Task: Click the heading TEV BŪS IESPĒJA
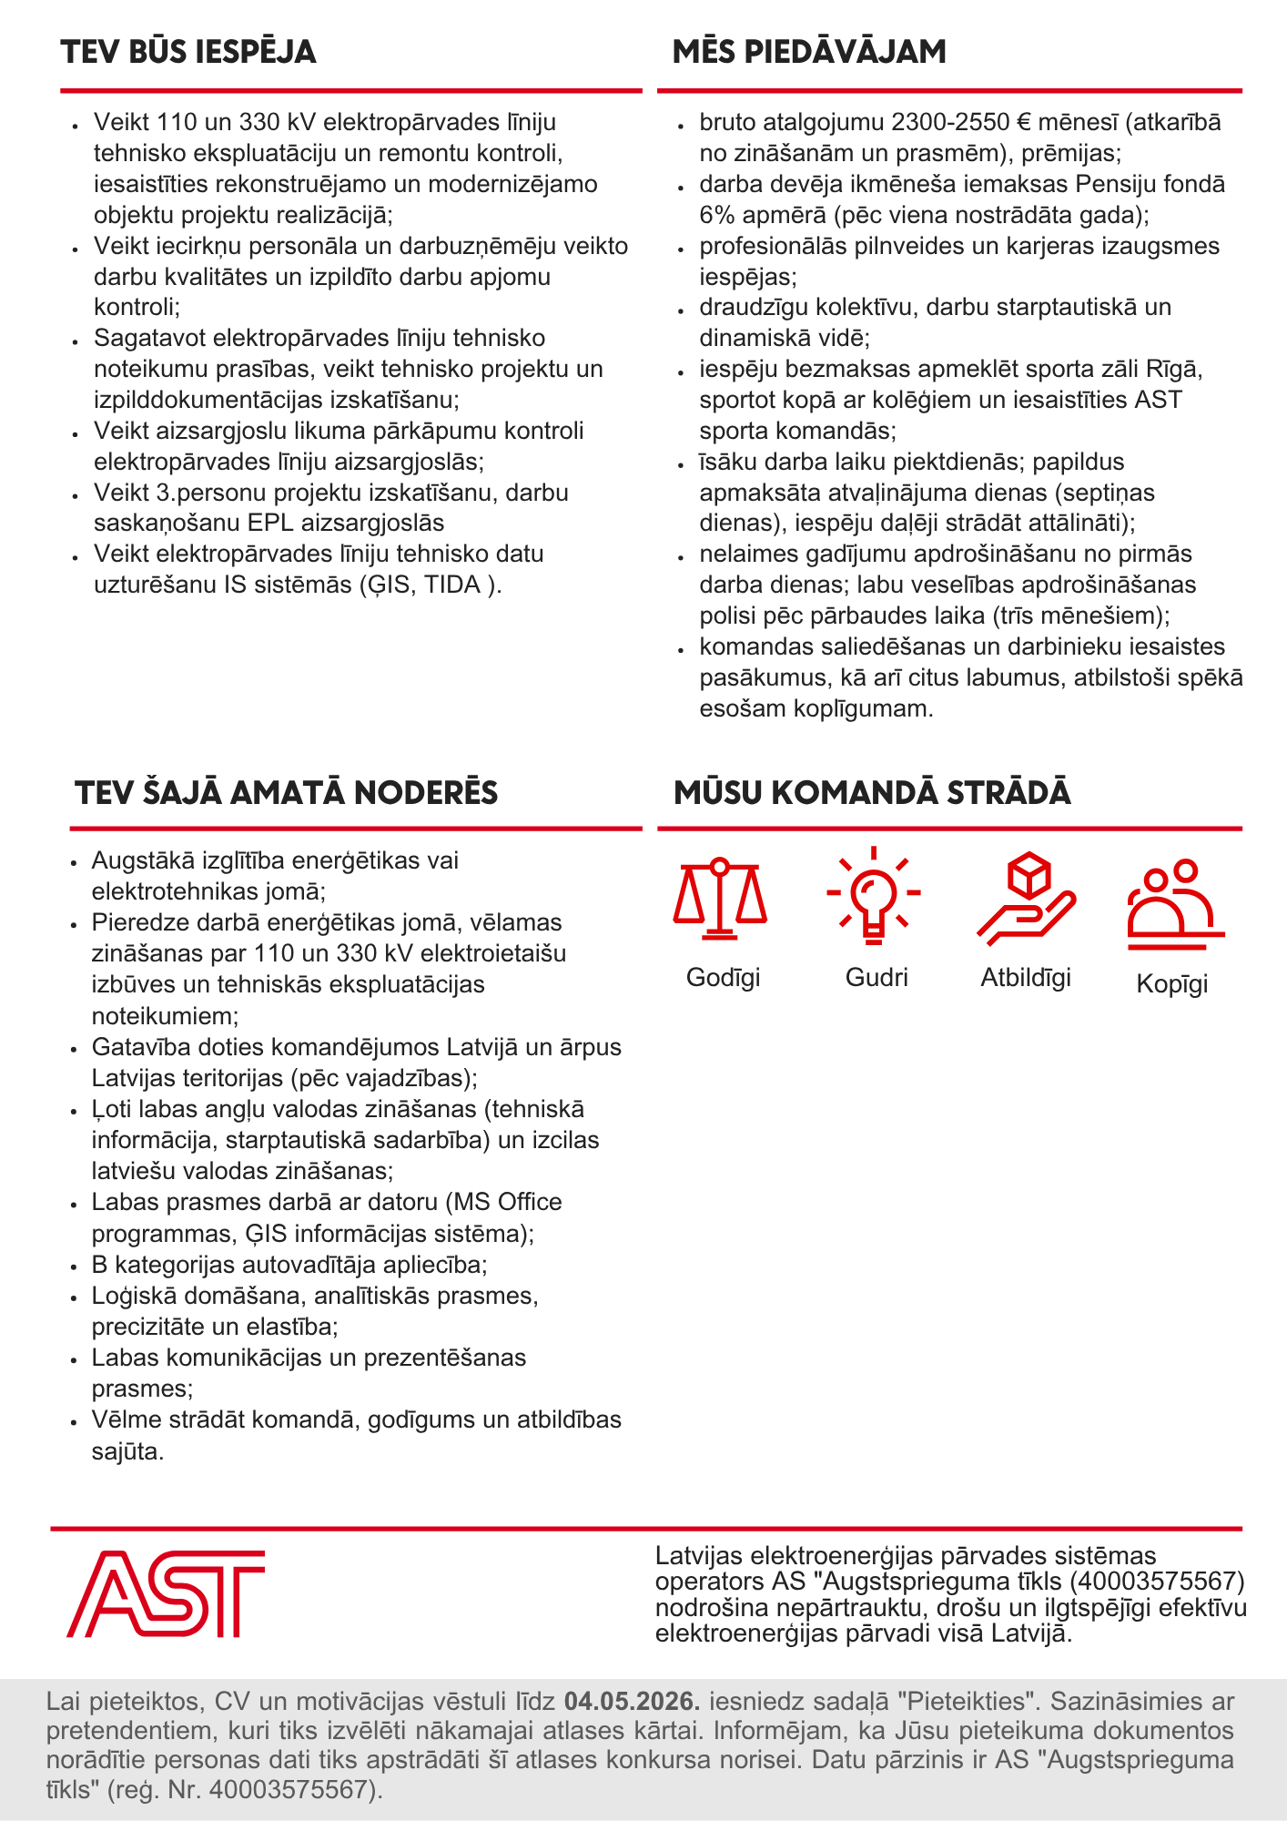point(188,52)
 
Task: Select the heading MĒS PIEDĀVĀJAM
point(809,52)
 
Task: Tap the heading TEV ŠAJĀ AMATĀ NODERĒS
point(287,792)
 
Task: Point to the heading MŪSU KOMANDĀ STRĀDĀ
point(872,792)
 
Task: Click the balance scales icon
point(720,897)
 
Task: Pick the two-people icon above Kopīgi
point(1174,903)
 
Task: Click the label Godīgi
point(723,978)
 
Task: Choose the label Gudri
point(877,978)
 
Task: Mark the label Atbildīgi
point(1026,978)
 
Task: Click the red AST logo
point(166,1593)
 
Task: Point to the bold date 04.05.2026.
point(632,1701)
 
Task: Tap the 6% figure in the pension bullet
point(715,215)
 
